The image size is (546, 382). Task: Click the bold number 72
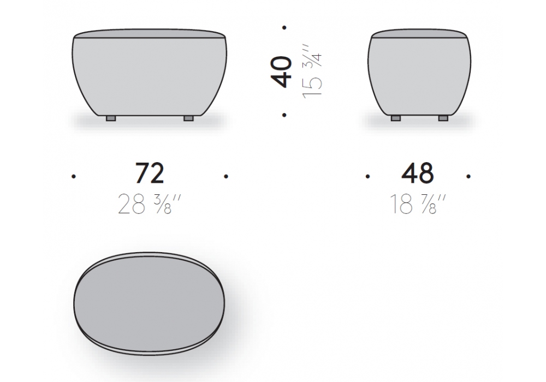point(150,173)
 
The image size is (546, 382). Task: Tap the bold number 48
point(418,173)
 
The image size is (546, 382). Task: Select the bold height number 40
point(281,71)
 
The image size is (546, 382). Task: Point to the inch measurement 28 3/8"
point(150,204)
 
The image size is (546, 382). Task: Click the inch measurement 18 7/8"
point(418,204)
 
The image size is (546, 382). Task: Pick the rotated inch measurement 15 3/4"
point(312,75)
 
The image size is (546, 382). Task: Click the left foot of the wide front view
point(111,118)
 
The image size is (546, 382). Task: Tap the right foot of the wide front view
point(188,118)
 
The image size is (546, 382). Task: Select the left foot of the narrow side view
point(395,118)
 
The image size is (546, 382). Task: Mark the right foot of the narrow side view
point(443,118)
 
